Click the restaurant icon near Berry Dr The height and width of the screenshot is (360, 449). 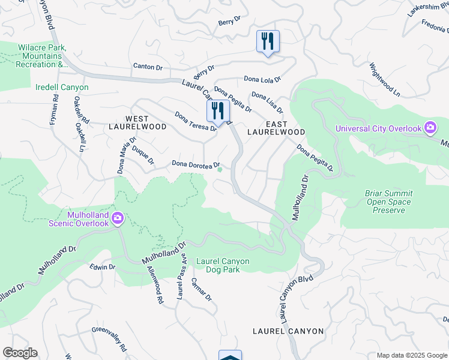tap(267, 41)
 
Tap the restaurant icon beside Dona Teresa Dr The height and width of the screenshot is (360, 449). tap(218, 110)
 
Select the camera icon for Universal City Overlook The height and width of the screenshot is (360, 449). tap(430, 128)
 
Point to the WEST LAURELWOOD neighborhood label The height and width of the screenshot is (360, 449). tap(137, 123)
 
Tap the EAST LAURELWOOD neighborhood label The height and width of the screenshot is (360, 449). tap(277, 127)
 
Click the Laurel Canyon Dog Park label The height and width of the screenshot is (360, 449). tap(222, 265)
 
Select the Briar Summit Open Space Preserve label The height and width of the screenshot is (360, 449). tap(388, 202)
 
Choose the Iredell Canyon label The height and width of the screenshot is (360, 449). tap(62, 88)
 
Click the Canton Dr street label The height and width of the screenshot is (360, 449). tap(148, 67)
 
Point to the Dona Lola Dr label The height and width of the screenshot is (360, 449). tap(262, 79)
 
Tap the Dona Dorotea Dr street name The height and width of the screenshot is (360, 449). tap(196, 164)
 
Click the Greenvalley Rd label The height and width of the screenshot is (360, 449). tap(110, 339)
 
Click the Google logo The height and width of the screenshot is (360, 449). tap(20, 353)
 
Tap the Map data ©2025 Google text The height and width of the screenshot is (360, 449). tap(412, 355)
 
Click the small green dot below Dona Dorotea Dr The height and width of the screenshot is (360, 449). tap(220, 170)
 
